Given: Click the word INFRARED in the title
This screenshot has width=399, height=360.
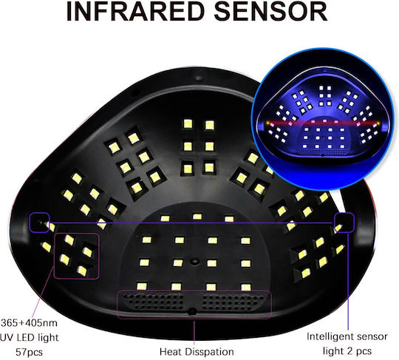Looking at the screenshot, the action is pyautogui.click(x=135, y=11).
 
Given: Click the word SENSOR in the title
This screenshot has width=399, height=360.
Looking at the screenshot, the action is pyautogui.click(x=271, y=11).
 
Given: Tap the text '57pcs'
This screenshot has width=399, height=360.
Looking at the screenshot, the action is pyautogui.click(x=29, y=352).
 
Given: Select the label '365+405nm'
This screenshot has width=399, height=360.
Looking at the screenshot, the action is pyautogui.click(x=29, y=323).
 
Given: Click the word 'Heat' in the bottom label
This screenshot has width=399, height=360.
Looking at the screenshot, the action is pyautogui.click(x=171, y=352).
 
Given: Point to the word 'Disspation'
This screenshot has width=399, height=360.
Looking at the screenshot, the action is pyautogui.click(x=209, y=352).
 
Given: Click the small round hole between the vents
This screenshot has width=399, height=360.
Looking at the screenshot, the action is pyautogui.click(x=192, y=310).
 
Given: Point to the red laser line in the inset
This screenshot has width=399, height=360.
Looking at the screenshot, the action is pyautogui.click(x=322, y=123).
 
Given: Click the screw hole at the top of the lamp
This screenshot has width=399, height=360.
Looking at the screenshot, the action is pyautogui.click(x=199, y=78).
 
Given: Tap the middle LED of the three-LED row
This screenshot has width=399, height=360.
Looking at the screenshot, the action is pyautogui.click(x=197, y=217).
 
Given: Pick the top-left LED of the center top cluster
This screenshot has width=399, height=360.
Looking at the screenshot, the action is pyautogui.click(x=188, y=123).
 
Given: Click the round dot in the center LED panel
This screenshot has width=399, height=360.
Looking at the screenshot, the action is pyautogui.click(x=194, y=262).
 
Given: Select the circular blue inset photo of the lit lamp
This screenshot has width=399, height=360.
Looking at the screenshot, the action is pyautogui.click(x=323, y=120).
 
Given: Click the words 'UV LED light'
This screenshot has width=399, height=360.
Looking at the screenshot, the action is pyautogui.click(x=30, y=338).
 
